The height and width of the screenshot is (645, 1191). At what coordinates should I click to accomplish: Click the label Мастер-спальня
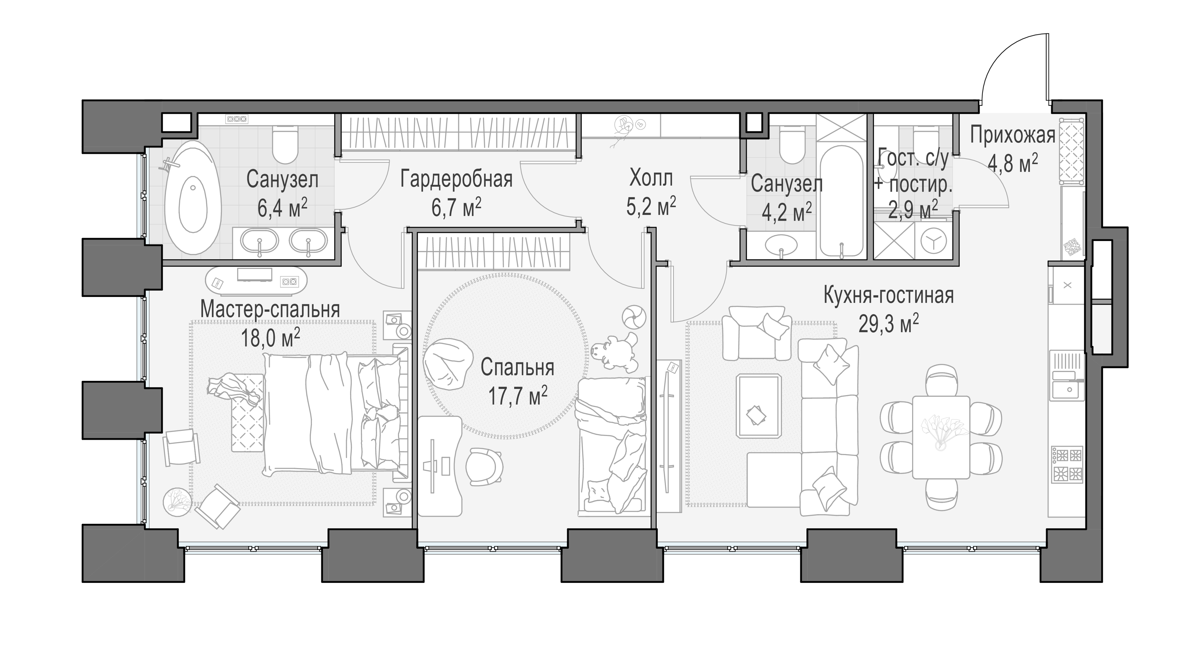click(270, 309)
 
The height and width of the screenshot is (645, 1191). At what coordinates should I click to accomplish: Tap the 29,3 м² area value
click(888, 324)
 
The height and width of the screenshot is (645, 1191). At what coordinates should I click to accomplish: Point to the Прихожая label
click(1012, 135)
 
